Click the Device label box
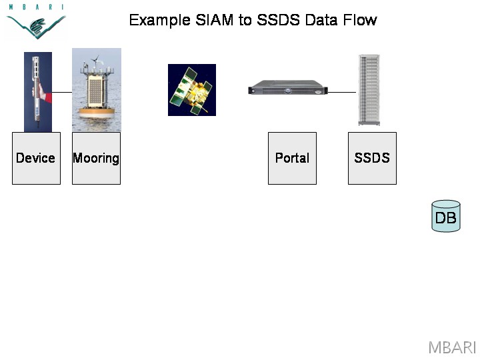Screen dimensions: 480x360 click(36, 158)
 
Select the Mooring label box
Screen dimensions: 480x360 click(96, 158)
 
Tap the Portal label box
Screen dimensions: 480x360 click(292, 158)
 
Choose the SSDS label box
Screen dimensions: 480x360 click(372, 158)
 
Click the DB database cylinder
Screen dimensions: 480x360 click(446, 216)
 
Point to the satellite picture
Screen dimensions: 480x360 click(192, 90)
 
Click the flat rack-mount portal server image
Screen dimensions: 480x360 click(288, 87)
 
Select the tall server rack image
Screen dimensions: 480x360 click(369, 90)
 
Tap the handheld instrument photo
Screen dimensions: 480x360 click(38, 92)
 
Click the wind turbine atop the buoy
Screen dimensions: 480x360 click(96, 60)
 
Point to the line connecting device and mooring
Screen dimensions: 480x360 click(62, 92)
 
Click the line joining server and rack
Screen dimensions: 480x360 click(341, 92)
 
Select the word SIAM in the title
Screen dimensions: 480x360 click(215, 20)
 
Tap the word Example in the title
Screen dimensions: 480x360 click(159, 21)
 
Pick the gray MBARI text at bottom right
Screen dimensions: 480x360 click(452, 348)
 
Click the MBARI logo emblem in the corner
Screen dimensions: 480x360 click(36, 21)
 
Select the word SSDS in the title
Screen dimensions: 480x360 click(278, 20)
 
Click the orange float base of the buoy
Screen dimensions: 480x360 click(97, 113)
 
